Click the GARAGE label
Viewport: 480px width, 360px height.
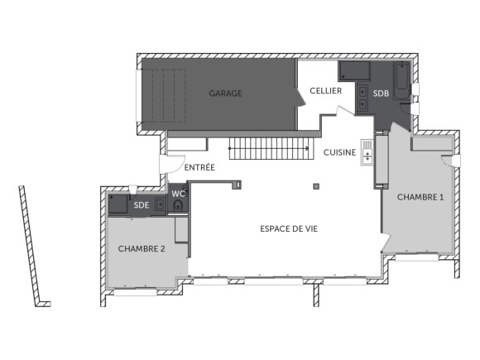[x=225, y=94]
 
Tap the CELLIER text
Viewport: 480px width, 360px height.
[x=325, y=90]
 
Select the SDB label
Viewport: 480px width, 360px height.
[x=381, y=94]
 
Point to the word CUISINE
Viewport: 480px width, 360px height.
[x=339, y=152]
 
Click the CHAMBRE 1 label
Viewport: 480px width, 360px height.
[x=420, y=197]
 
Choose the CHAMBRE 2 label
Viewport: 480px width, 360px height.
[x=142, y=248]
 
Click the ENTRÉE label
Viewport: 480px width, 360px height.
[x=199, y=167]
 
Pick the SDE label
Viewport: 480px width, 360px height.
[x=142, y=204]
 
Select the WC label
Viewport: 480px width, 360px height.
[x=178, y=194]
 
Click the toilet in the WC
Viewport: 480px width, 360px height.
[x=177, y=208]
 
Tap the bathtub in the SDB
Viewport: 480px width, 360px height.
[x=402, y=80]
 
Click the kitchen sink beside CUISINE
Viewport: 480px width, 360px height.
[x=367, y=152]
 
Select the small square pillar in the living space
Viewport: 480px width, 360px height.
[x=315, y=186]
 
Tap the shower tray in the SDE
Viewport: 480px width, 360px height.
[x=118, y=204]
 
